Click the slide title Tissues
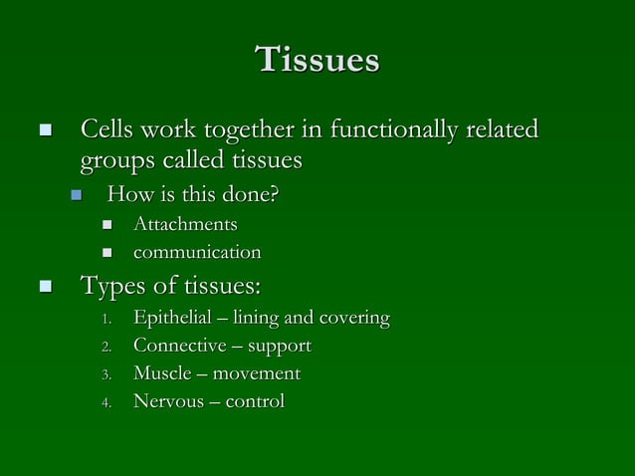(x=317, y=60)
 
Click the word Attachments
(x=185, y=224)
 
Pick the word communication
(x=197, y=253)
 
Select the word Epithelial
(x=172, y=319)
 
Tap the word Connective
(x=177, y=347)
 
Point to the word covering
(x=353, y=319)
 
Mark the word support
(x=279, y=347)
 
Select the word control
(x=254, y=402)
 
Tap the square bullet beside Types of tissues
(x=44, y=288)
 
